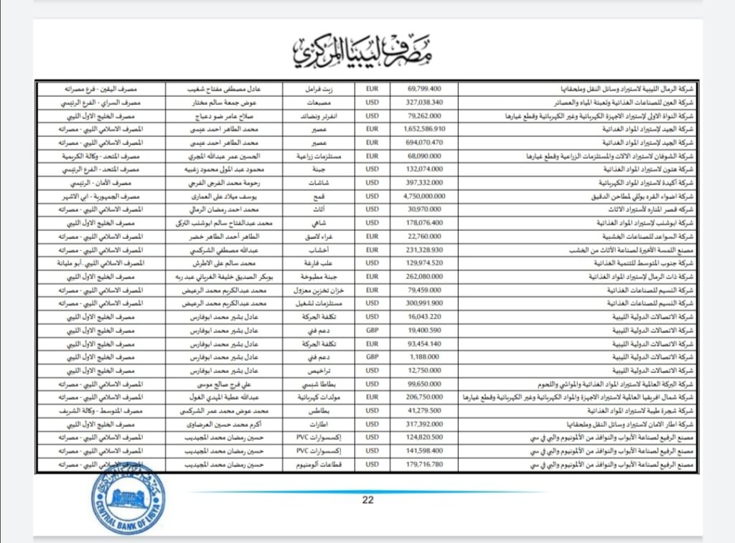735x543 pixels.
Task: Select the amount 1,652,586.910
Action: (x=426, y=128)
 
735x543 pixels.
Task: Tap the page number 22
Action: (x=368, y=500)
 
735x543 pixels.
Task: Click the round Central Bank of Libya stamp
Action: (x=128, y=499)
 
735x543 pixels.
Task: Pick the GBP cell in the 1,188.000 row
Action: (x=372, y=357)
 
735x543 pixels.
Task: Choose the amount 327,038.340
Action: (x=426, y=102)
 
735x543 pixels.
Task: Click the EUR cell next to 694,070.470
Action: (x=372, y=142)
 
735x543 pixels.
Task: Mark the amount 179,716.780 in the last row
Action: (x=426, y=465)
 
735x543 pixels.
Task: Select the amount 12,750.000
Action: (x=426, y=371)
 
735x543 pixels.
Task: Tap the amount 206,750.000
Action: (x=426, y=397)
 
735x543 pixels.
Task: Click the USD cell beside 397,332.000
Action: (x=372, y=182)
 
